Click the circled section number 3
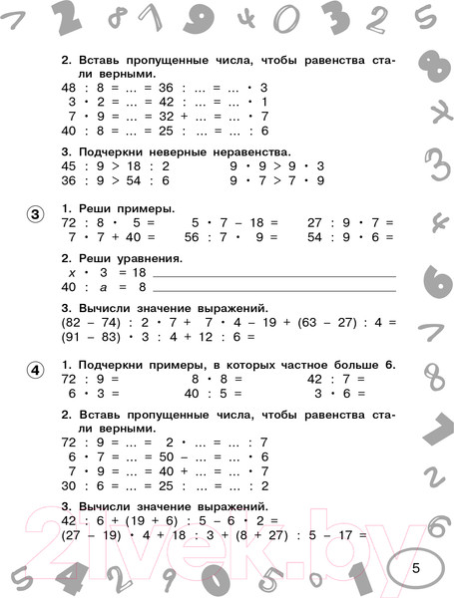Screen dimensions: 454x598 (x=34, y=214)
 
